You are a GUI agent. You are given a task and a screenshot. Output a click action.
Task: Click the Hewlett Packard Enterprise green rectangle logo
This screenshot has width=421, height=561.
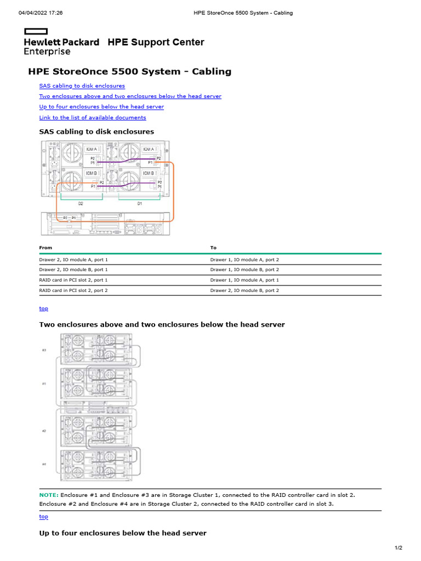[32, 32]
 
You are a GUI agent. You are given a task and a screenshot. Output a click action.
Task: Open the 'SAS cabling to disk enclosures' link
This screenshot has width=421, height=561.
[82, 86]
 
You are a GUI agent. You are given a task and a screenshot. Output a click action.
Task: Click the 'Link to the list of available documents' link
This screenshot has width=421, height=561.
[93, 117]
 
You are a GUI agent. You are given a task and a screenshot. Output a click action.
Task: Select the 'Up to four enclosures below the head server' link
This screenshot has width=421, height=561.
[101, 107]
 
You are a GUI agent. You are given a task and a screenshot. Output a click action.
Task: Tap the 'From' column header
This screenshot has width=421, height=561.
[45, 248]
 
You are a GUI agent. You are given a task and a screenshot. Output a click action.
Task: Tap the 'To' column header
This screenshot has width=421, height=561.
[213, 248]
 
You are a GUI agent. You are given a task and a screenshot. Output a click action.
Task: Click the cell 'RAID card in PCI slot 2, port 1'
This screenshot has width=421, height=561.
[73, 280]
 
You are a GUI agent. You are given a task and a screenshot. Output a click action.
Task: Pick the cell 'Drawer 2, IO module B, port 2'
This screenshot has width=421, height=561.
[244, 290]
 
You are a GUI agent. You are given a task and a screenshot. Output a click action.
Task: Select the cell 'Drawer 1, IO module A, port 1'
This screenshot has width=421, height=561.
[244, 280]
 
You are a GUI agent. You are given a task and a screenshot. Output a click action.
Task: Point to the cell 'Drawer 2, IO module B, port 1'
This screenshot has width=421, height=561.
[73, 270]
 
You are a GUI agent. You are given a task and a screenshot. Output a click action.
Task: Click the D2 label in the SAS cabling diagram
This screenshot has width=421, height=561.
[81, 203]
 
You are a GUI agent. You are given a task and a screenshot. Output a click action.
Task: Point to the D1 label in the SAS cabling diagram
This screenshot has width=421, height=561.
[140, 203]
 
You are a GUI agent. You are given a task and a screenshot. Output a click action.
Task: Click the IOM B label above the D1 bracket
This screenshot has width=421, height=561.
[149, 173]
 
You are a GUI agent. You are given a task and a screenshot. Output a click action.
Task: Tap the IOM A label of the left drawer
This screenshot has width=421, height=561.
[92, 149]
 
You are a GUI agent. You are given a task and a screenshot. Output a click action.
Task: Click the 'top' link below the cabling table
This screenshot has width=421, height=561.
[43, 308]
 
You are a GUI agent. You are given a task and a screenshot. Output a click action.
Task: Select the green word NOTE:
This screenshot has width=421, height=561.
[48, 495]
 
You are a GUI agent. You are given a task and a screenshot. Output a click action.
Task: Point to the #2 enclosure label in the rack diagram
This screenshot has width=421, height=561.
[44, 431]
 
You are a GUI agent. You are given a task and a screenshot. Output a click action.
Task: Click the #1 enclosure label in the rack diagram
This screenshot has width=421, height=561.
[44, 383]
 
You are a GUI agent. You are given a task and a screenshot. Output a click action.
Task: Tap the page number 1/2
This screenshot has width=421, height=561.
[399, 548]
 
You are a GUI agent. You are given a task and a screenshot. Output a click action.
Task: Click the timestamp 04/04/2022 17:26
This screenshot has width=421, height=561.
[41, 13]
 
